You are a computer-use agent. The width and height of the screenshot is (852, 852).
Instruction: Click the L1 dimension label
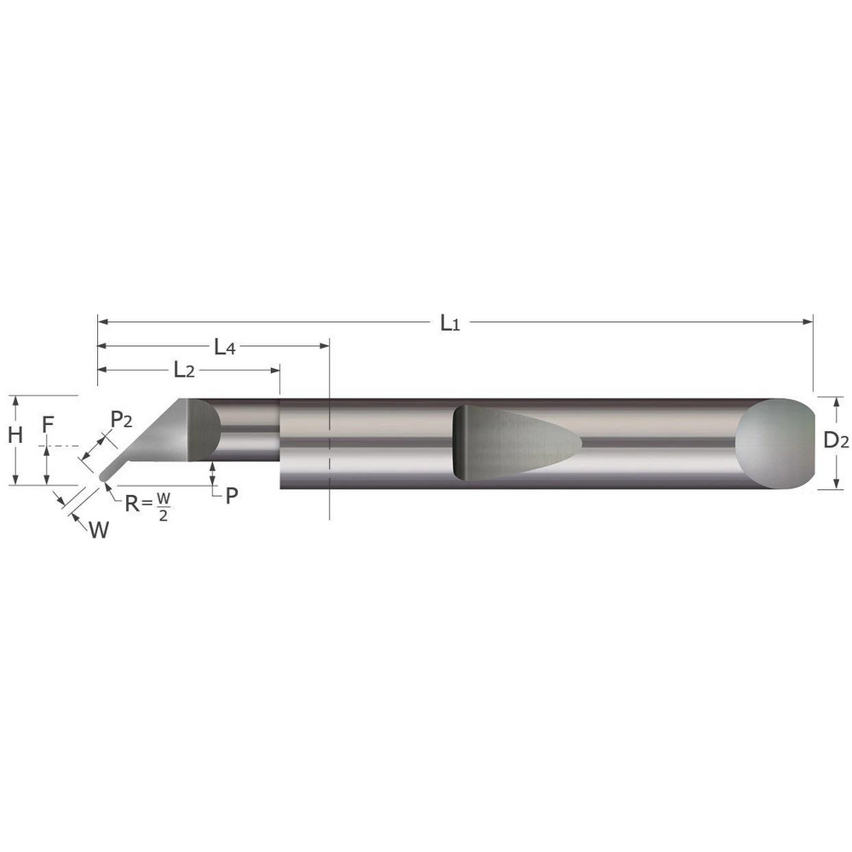(x=450, y=323)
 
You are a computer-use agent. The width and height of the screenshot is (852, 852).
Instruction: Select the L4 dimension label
(x=225, y=347)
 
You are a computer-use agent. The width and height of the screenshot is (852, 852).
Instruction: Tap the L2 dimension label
(x=184, y=370)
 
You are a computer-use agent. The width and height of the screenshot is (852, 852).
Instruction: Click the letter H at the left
(x=14, y=435)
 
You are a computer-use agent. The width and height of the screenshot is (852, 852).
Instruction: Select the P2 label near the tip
(x=122, y=418)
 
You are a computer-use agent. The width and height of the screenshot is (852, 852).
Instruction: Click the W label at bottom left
(x=99, y=530)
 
